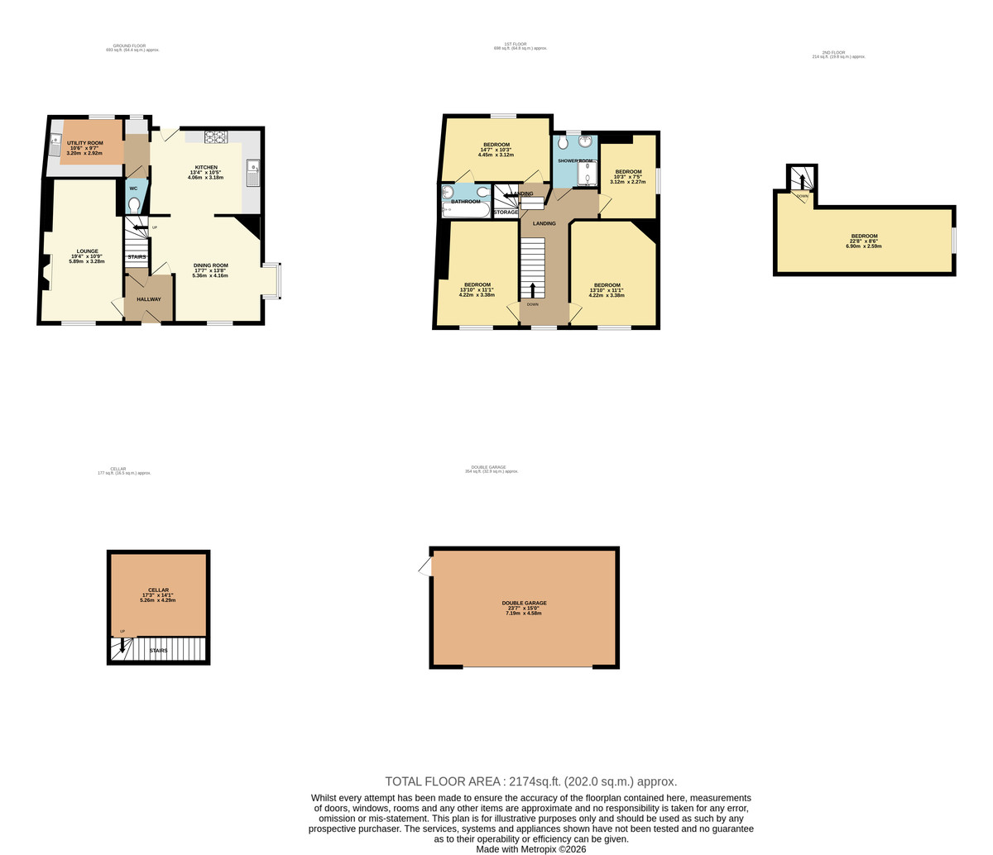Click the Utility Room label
pos(84,143)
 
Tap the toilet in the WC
pos(134,203)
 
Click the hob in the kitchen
pos(215,136)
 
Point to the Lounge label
pos(88,251)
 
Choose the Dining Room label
pos(211,265)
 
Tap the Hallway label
pos(148,299)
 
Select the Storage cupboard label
pos(506,213)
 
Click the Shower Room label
pos(574,160)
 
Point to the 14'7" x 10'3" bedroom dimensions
pos(496,150)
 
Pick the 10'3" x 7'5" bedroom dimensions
pos(627,177)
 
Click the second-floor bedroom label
pos(864,236)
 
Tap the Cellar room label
pos(158,590)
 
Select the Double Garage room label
pos(524,603)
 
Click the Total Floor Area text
pos(530,781)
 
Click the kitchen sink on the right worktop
pos(252,171)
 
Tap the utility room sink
pos(55,148)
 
